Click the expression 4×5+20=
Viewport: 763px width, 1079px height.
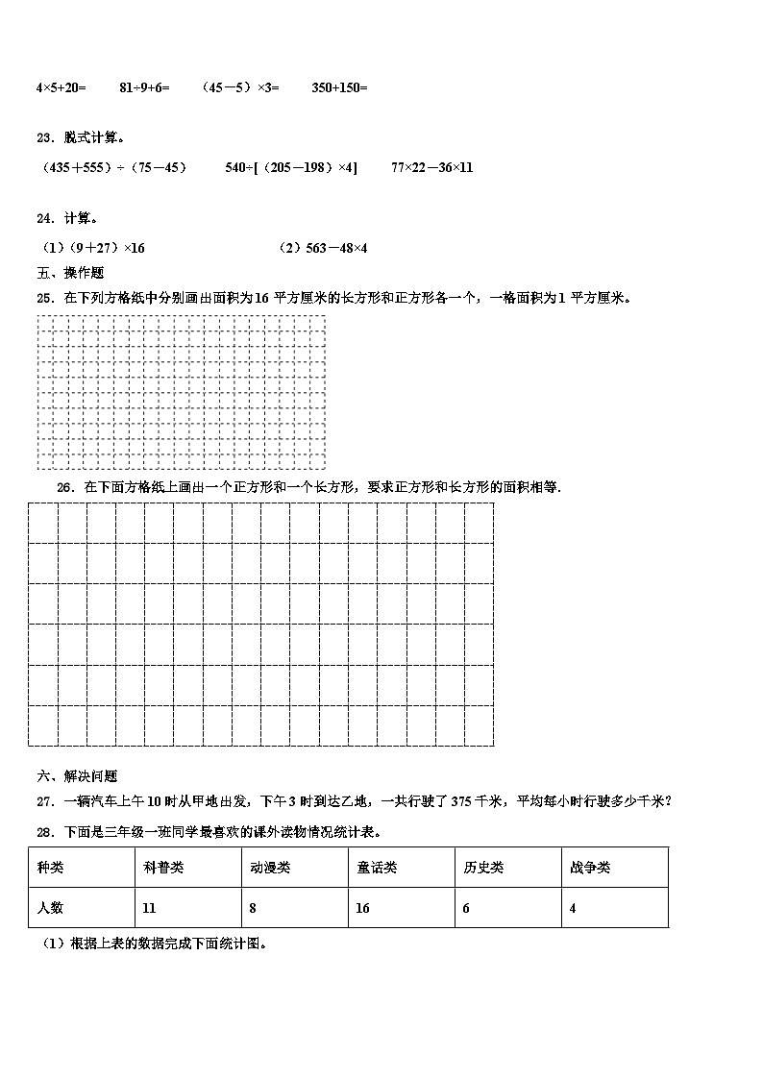(61, 87)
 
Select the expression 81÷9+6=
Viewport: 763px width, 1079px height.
(144, 87)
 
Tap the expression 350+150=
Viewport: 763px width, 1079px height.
(339, 87)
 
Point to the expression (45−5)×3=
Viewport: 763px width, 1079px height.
(239, 87)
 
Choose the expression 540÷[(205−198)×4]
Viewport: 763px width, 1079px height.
(290, 167)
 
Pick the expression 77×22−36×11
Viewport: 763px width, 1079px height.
(431, 167)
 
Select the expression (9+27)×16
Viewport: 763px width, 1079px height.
(92, 248)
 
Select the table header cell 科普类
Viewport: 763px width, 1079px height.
(163, 868)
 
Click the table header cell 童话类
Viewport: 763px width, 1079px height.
(377, 868)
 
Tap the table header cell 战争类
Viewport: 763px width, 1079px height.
(590, 868)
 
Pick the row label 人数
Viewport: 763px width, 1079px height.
(51, 908)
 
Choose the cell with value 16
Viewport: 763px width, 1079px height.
(363, 908)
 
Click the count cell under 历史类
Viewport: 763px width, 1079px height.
(467, 908)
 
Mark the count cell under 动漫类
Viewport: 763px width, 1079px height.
(253, 908)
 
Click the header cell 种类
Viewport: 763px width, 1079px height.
(51, 868)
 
